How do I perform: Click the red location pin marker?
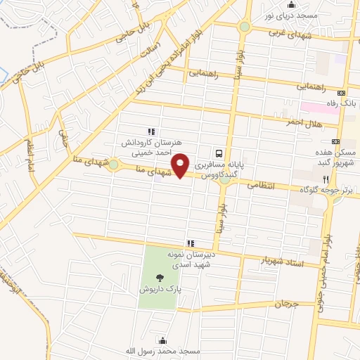(x=181, y=165)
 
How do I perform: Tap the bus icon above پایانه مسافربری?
(x=219, y=153)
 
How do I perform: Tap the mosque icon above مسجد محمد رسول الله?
(x=162, y=340)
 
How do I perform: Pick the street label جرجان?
(x=287, y=304)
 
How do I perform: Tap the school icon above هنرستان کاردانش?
(x=150, y=131)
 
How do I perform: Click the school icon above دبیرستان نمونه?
(x=189, y=243)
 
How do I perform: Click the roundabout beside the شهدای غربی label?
(x=244, y=27)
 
